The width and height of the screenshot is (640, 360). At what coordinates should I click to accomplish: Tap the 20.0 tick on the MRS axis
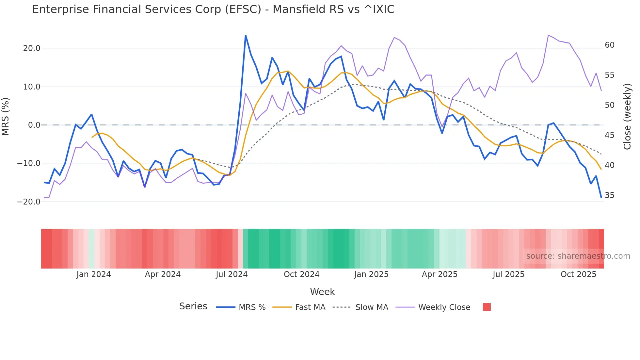(x=32, y=48)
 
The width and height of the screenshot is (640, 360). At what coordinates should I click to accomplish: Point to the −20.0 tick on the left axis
(x=29, y=202)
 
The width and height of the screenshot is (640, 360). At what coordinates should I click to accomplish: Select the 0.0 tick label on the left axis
(x=34, y=125)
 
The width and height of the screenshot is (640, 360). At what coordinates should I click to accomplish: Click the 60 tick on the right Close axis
(x=610, y=45)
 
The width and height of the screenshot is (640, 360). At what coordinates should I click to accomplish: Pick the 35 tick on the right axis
(x=610, y=195)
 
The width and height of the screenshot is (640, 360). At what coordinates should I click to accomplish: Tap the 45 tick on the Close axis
(x=610, y=135)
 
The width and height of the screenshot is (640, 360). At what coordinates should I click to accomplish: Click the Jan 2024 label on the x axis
(x=94, y=274)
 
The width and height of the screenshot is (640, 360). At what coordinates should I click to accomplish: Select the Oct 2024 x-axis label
(x=301, y=274)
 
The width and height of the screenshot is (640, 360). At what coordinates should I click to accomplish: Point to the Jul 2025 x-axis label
(x=508, y=274)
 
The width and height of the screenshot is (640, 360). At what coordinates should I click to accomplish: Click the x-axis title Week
(x=322, y=292)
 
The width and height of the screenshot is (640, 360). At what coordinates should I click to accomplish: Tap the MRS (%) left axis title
(x=6, y=117)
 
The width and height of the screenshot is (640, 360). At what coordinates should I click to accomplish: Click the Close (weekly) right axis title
(x=627, y=117)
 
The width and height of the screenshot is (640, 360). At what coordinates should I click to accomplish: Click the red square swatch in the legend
(x=487, y=307)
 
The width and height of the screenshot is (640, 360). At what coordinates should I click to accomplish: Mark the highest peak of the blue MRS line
(x=246, y=36)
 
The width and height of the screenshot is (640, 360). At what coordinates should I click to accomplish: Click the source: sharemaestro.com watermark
(x=578, y=256)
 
